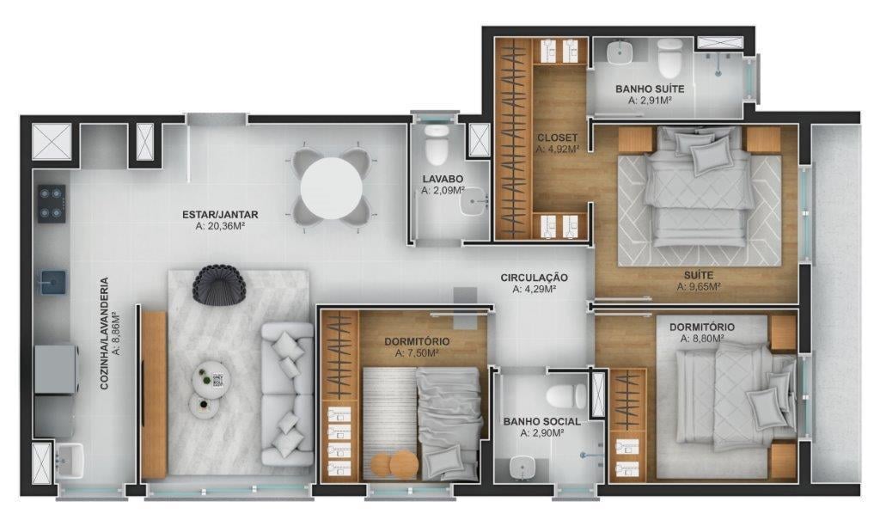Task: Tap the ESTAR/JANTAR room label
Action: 221,215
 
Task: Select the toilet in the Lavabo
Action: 437,146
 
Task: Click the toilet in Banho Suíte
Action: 669,58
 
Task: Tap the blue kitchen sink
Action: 51,280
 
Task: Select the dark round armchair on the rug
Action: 220,284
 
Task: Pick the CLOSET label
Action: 557,138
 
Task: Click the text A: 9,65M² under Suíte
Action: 697,287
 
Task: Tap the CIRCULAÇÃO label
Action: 535,278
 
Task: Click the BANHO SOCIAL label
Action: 541,422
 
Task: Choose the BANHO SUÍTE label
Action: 650,89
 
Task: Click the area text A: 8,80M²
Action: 701,339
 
